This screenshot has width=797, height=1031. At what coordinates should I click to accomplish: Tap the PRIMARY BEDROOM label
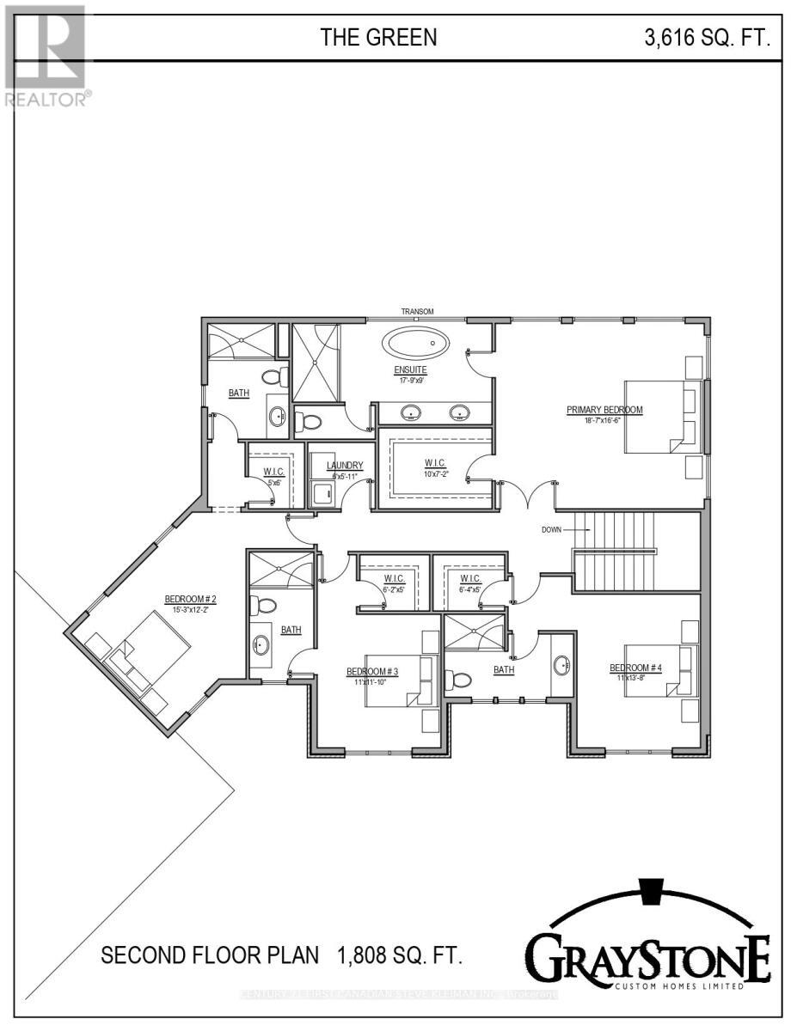604,410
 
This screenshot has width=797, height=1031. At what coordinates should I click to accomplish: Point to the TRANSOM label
417,311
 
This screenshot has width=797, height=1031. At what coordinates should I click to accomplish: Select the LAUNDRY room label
345,466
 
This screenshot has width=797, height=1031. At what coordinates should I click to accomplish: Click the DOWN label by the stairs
552,529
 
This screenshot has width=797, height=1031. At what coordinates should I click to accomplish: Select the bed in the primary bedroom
662,417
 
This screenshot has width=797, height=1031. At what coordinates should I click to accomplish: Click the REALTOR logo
45,56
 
